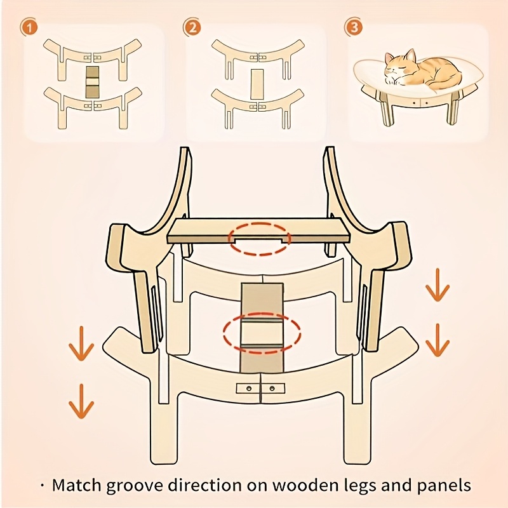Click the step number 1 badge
point(29,27)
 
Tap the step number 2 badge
point(192,27)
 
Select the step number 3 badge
point(354,27)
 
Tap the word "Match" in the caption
point(77,485)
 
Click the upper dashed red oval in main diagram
point(260,239)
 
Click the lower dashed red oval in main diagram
point(262,333)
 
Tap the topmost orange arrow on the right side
point(438,284)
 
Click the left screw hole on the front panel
point(249,388)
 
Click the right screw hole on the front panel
point(272,388)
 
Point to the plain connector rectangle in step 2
point(258,84)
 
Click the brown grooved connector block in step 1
point(93,83)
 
